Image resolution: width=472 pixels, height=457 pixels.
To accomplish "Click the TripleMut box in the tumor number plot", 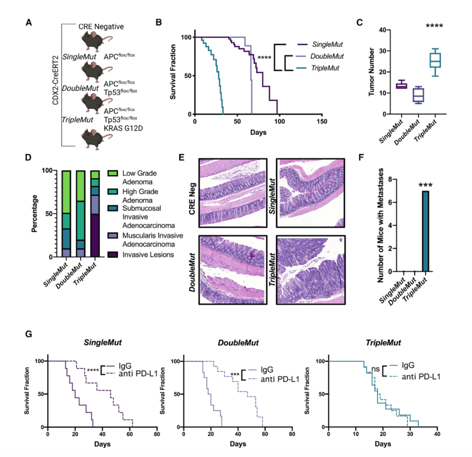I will (x=435, y=60).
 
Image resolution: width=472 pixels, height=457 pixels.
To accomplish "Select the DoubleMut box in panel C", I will (x=418, y=95).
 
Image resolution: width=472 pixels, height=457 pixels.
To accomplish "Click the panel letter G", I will (x=29, y=335).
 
